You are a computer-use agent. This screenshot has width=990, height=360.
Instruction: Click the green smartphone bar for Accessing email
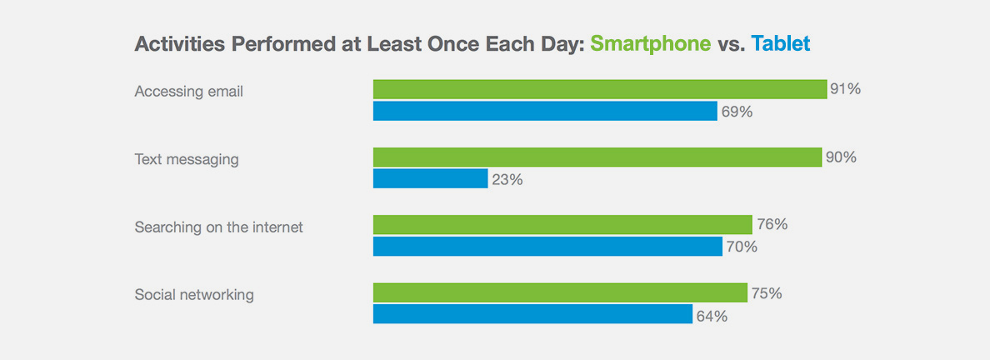coord(599,89)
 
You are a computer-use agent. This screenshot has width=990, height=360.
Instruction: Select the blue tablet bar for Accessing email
coord(545,111)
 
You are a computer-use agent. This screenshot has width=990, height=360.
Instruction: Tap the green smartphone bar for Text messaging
coord(597,157)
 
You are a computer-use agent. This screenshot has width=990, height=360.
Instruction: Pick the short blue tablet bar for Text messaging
coord(430,178)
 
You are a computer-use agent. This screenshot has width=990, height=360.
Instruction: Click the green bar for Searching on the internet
coord(562,225)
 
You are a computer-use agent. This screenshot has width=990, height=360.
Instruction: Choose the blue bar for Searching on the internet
coord(547,247)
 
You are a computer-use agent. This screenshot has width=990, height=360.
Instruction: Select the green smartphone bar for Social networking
coord(560,292)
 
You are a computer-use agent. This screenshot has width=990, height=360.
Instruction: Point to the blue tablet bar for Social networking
coord(532,314)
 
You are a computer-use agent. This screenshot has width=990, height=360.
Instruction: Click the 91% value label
coord(844,89)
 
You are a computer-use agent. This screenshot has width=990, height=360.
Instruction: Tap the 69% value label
coord(737,112)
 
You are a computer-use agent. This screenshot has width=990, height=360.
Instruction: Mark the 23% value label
coord(507,179)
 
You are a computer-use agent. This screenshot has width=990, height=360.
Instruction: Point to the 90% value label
coord(840,157)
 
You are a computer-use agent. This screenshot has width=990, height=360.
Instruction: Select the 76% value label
coord(771,225)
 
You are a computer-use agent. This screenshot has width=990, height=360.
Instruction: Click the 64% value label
coord(711,316)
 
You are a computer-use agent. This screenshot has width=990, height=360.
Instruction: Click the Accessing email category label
coord(189,92)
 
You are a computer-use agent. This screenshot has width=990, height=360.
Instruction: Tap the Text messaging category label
coord(187,159)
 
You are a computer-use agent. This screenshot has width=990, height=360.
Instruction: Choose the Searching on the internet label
coord(219,227)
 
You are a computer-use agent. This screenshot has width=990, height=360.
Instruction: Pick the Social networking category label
coord(194,295)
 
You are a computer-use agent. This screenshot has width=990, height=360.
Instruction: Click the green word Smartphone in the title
coord(650,43)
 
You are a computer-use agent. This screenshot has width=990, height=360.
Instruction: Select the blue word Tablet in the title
coord(780,43)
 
